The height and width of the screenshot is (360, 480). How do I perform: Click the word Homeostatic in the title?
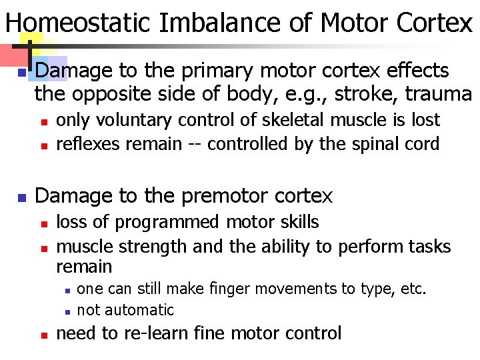(x=79, y=23)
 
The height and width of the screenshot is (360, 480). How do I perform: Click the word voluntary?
(x=131, y=121)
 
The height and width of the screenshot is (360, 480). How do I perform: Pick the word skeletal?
(x=295, y=121)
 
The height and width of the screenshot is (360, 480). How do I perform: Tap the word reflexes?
(x=85, y=144)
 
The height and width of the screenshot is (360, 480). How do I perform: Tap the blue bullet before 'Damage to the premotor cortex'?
(x=21, y=197)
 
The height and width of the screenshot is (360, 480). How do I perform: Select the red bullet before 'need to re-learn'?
(x=42, y=335)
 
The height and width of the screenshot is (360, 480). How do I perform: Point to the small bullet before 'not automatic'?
(x=68, y=311)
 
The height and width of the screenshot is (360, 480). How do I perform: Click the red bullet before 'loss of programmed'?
(x=42, y=223)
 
